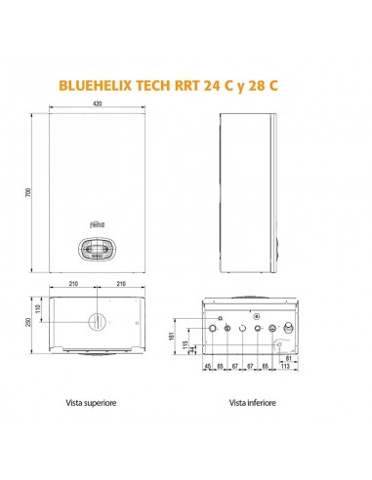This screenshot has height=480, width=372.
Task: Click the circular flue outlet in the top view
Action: [99, 322]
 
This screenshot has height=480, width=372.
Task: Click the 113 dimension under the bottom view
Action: [285, 378]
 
